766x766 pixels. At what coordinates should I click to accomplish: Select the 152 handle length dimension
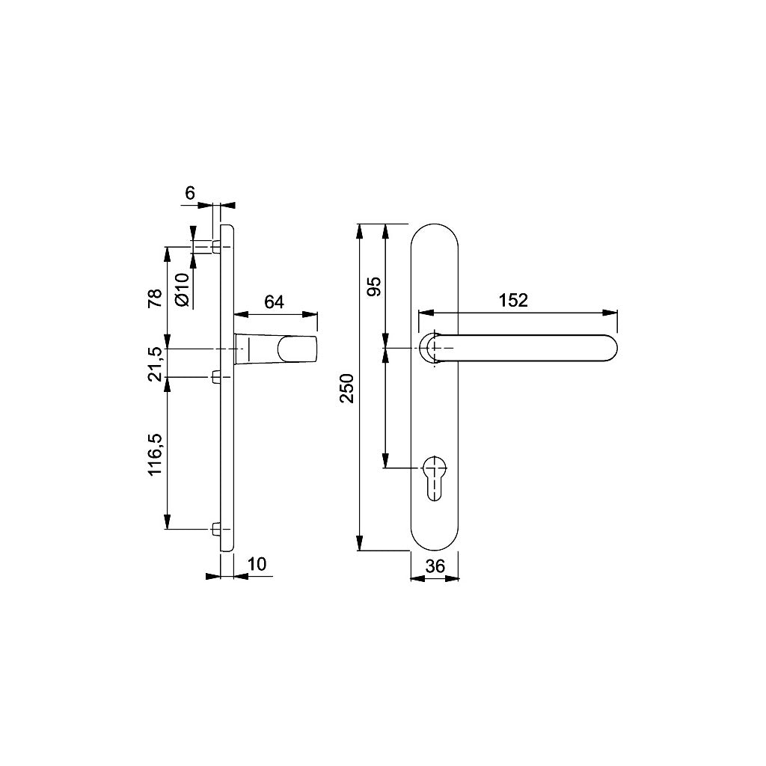tap(514, 300)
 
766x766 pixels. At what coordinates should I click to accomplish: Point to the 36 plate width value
tap(435, 566)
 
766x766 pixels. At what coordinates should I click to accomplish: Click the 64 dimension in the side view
tap(275, 301)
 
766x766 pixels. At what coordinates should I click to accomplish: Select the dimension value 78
tap(155, 298)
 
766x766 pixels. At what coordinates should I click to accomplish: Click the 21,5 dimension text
tap(155, 364)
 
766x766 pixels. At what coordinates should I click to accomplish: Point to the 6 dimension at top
tap(190, 193)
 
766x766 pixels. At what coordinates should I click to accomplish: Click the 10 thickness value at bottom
tap(257, 564)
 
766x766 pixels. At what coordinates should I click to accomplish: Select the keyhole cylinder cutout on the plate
tap(434, 476)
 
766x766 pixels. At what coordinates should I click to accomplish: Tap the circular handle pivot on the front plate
tap(432, 349)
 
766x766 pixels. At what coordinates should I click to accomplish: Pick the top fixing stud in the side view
tap(215, 247)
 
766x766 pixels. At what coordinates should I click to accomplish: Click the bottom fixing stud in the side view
tap(215, 529)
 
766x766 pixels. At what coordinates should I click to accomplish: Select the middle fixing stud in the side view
tap(215, 377)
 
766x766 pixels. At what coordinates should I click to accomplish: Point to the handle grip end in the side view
tap(298, 350)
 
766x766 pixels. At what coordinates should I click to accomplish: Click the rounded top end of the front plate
tap(435, 232)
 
